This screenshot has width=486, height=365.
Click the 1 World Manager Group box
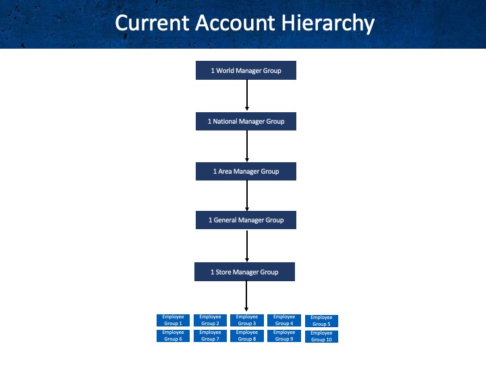[x=246, y=70]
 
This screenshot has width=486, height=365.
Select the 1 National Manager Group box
[x=246, y=121]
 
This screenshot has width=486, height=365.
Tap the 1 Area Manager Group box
[x=246, y=171]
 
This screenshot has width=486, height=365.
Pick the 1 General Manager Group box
[x=246, y=220]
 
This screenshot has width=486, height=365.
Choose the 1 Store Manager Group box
[x=244, y=272]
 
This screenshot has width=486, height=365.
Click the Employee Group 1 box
[x=173, y=320]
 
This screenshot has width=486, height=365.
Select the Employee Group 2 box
[x=210, y=320]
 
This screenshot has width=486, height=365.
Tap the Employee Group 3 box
[x=247, y=320]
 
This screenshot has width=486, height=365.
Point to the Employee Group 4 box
[x=284, y=320]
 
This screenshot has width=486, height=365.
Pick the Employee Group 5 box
[x=321, y=321]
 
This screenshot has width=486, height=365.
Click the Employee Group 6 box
[x=173, y=336]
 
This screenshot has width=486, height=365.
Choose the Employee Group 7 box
[x=210, y=336]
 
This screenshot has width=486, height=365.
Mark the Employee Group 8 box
[x=247, y=336]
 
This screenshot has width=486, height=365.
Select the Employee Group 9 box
[x=284, y=336]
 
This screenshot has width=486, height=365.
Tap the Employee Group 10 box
[x=321, y=337]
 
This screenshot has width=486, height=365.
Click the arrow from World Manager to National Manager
[x=247, y=95]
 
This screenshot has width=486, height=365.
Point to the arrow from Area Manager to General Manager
[x=247, y=195]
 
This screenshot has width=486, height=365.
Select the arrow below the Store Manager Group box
[x=246, y=296]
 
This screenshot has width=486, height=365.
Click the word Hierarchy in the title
[x=328, y=23]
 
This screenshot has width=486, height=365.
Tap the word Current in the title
[x=152, y=23]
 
